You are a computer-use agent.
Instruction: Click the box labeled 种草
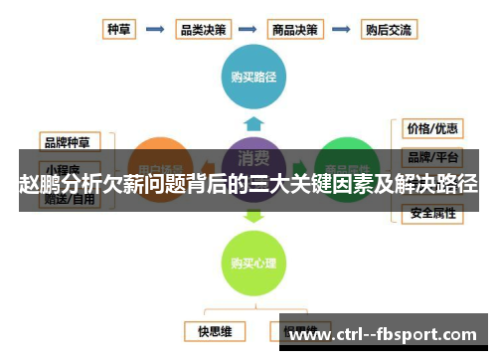coord(119,29)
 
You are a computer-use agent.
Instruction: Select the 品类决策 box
coord(202,29)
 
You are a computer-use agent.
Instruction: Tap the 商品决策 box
coord(295,29)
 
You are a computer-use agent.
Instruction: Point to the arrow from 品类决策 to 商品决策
coord(248,29)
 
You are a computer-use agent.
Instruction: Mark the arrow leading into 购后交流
coord(342,29)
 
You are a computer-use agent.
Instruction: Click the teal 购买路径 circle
coord(253,75)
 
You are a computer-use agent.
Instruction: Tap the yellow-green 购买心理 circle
coord(253,263)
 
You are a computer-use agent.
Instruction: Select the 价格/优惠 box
coord(432,128)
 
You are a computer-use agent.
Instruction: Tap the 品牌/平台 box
coord(432,157)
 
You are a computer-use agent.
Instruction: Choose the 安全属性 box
coord(432,212)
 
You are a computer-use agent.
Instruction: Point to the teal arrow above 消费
coord(254,123)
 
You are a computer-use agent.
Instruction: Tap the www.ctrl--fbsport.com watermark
coord(388,334)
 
